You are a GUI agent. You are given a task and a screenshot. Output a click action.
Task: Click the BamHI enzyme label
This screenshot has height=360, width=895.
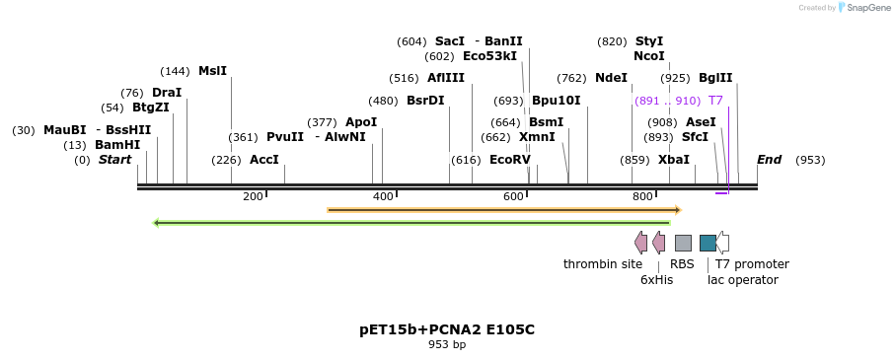coord(117,145)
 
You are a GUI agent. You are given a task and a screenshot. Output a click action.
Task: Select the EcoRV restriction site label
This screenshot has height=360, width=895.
coord(510,160)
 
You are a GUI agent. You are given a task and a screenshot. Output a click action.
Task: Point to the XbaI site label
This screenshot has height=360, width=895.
coord(674,160)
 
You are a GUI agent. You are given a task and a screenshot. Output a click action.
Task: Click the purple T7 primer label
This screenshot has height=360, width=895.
coord(715,101)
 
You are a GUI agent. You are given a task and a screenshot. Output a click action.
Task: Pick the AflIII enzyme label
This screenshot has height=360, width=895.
coord(446,78)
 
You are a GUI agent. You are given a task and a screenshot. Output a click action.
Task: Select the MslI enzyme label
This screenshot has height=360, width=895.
coord(212,71)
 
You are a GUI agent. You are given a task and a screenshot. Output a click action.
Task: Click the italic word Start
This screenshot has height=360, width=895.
coord(114,160)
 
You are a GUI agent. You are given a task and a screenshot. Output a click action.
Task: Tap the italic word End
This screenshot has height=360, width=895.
coord(770,160)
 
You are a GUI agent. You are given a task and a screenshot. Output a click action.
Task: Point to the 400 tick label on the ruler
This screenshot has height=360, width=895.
coord(383,196)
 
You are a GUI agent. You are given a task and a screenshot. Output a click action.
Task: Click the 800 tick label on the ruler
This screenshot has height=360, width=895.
coord(642,196)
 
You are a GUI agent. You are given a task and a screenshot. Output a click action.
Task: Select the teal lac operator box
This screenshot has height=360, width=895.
coord(708,243)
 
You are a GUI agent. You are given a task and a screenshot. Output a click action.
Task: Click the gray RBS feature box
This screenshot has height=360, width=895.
coord(683,243)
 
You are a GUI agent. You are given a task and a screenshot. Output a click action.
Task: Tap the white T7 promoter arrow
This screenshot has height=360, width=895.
coord(723,243)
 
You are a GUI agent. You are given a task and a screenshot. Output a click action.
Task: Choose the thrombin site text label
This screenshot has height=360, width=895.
coord(603,264)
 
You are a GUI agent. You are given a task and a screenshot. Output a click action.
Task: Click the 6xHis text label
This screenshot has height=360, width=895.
coord(656,280)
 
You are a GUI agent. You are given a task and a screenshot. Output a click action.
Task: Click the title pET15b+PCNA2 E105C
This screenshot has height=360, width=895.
coord(447,329)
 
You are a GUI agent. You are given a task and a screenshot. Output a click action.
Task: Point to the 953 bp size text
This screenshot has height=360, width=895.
coord(447,345)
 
